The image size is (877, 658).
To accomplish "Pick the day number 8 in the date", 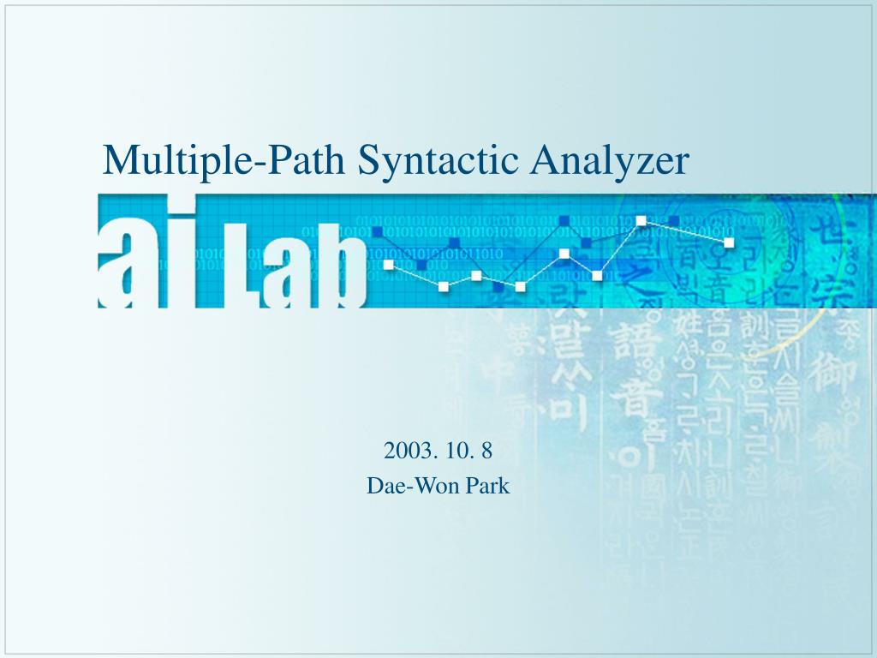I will tap(486, 450).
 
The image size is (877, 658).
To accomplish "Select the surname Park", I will tap(487, 486).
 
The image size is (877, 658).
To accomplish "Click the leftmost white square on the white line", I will tap(389, 265).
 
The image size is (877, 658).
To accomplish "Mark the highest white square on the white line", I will tap(641, 221).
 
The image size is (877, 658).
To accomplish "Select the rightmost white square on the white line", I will tap(729, 242).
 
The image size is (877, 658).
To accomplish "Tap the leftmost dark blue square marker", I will tap(377, 232).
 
